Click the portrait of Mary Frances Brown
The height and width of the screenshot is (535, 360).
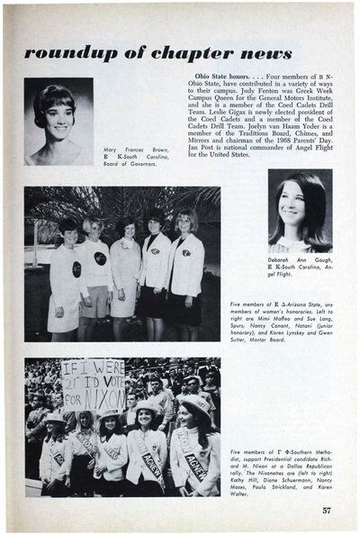click(x=58, y=121)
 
